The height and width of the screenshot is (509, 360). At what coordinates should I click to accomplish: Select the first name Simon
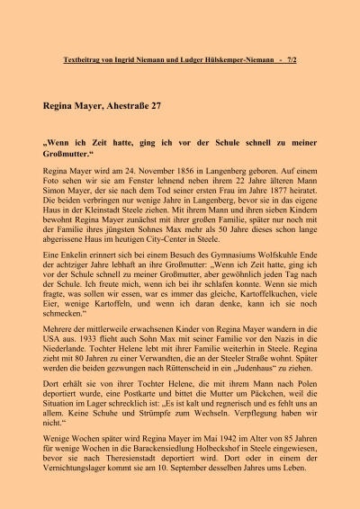tap(55, 189)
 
